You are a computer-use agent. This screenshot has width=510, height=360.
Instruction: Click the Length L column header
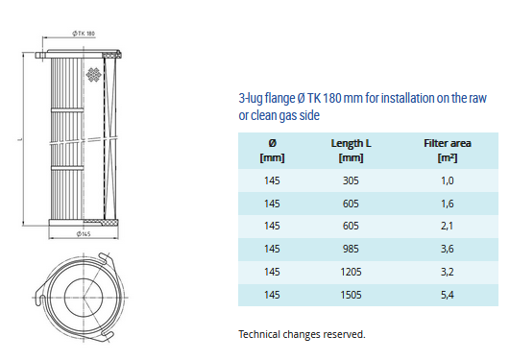pos(351,151)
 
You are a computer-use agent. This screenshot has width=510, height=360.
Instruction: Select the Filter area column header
pos(448,151)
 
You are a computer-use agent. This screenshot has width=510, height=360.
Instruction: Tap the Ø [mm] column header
pos(272,151)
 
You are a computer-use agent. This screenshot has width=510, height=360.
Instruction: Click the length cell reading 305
pos(351,180)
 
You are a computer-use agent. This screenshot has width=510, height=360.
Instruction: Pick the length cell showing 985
pos(351,249)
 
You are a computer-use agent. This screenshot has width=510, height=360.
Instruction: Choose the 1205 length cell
pos(351,272)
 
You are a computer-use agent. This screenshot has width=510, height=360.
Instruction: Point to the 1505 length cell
pos(351,295)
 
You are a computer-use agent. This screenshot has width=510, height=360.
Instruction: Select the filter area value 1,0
pos(448,180)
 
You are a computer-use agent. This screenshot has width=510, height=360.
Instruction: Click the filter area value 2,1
pos(448,226)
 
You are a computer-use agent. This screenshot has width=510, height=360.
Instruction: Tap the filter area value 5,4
pos(448,295)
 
